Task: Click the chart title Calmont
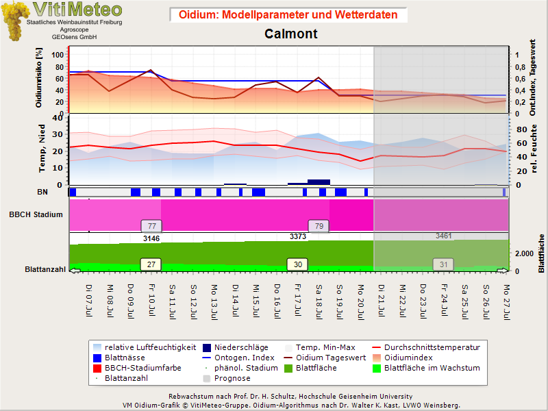tap(290, 34)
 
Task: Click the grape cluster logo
tap(14, 21)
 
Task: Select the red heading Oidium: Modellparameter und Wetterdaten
tap(288, 14)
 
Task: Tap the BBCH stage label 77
tap(151, 226)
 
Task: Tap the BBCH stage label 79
tap(319, 226)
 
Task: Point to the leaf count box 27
tap(151, 264)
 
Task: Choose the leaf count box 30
tap(297, 264)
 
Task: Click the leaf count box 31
tap(443, 264)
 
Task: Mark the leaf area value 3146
tap(151, 238)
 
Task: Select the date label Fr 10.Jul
tap(151, 300)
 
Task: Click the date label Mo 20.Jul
tap(361, 302)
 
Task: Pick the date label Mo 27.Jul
tap(506, 302)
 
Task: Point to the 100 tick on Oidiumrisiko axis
tap(58, 55)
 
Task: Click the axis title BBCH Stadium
tap(36, 214)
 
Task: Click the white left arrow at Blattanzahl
tap(75, 271)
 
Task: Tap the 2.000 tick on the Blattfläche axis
tap(524, 253)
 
